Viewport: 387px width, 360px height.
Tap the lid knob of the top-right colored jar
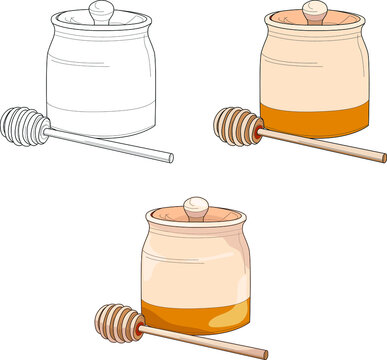click(315, 12)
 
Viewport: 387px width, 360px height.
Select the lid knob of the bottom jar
click(196, 208)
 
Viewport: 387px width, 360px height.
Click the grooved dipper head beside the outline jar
click(23, 126)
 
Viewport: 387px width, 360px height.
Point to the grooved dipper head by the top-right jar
click(237, 126)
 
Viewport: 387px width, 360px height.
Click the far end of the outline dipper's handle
click(169, 158)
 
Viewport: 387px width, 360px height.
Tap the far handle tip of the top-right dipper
click(382, 157)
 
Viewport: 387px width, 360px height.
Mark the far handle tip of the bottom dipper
click(264, 353)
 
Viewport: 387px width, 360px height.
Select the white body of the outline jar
click(100, 75)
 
